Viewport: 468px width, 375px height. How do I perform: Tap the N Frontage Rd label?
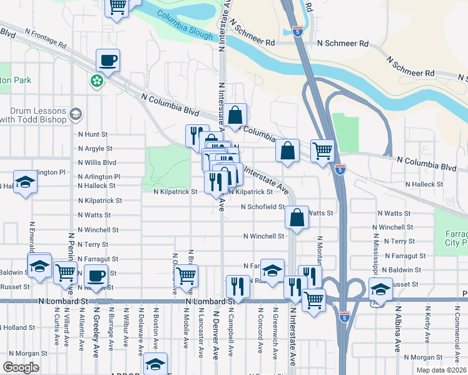[x=45, y=38]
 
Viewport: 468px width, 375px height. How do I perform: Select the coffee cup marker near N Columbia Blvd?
[x=108, y=61]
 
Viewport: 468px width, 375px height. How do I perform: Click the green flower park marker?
[x=97, y=81]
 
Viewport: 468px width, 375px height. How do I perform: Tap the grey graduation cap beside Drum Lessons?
[x=76, y=114]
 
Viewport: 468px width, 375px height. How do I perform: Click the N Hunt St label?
[x=93, y=134]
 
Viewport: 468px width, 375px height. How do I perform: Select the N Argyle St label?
[x=94, y=149]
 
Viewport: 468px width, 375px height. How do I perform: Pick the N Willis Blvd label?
[x=97, y=162]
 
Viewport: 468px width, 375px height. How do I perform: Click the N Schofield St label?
[x=263, y=207]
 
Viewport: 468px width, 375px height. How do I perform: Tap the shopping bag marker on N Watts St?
[x=297, y=217]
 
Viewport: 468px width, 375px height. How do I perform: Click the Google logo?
[x=21, y=367]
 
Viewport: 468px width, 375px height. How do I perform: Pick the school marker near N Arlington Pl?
[x=25, y=182]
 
